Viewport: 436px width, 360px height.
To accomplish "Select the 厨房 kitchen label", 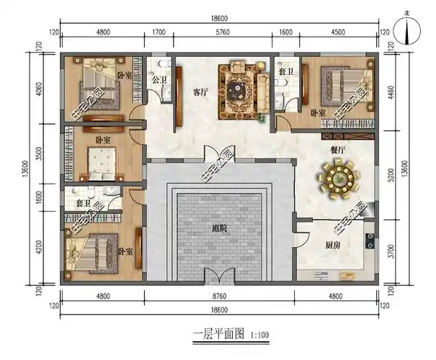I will pyautogui.click(x=332, y=245).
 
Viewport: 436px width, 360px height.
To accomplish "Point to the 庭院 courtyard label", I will pyautogui.click(x=220, y=228).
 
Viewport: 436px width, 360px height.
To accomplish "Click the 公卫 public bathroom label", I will pyautogui.click(x=160, y=80).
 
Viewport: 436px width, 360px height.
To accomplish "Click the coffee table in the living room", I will pyautogui.click(x=237, y=89).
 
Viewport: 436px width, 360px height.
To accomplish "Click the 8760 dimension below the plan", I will pyautogui.click(x=219, y=294).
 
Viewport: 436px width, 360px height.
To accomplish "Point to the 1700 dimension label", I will pyautogui.click(x=159, y=32).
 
